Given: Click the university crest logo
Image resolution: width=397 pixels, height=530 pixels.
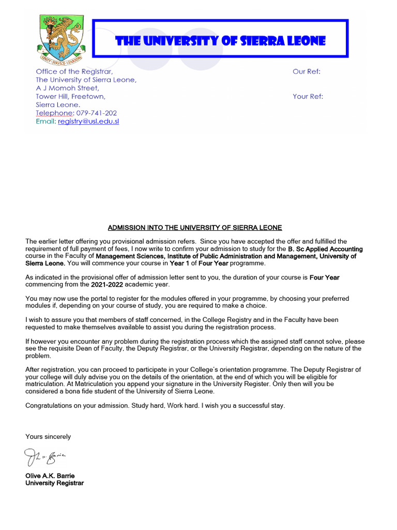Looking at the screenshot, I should [60, 38].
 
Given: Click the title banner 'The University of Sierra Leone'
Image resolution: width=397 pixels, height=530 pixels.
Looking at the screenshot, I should [220, 41].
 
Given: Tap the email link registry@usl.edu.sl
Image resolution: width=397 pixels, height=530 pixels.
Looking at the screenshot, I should [88, 122].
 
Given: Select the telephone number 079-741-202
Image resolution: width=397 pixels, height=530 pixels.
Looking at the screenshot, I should [97, 113].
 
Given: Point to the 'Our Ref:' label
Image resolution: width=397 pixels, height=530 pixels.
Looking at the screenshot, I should [307, 71].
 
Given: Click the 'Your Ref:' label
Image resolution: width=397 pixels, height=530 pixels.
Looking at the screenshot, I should [308, 96].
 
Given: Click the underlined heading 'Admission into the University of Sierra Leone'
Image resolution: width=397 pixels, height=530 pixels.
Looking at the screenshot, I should [195, 228].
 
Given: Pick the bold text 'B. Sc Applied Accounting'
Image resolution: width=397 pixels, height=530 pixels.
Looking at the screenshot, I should [325, 249].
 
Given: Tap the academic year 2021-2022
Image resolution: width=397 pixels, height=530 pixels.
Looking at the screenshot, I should [107, 285].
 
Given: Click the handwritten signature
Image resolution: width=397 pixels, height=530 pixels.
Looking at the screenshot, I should [45, 456].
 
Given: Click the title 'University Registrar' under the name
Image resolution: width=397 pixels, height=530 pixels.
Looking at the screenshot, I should [54, 483].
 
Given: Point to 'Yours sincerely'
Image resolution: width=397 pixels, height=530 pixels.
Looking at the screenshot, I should [48, 437].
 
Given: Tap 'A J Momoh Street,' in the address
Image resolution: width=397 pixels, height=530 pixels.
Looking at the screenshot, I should [67, 88].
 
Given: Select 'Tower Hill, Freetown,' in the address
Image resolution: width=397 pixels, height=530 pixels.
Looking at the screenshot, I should [70, 96].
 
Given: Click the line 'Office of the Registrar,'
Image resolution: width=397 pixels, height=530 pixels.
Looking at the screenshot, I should [74, 71].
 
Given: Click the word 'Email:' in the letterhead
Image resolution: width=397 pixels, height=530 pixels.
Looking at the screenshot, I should [45, 122].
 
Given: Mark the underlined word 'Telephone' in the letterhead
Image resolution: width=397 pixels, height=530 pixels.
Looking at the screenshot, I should [54, 113].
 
